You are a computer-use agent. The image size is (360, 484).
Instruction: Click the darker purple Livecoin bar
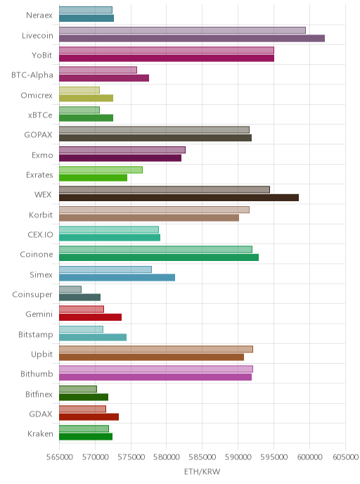(192, 38)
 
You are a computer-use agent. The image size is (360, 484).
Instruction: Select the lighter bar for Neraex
(86, 10)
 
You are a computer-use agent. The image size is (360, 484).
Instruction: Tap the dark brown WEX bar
(179, 198)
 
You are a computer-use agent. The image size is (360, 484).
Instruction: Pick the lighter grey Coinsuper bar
(70, 289)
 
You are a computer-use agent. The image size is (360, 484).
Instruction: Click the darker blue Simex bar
(117, 277)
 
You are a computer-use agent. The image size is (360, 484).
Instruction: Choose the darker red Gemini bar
(91, 317)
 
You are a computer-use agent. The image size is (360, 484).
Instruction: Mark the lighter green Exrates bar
(101, 170)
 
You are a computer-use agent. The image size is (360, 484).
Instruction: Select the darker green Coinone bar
(159, 257)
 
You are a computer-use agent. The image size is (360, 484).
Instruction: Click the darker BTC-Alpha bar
(104, 78)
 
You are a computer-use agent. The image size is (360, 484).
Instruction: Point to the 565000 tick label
(59, 457)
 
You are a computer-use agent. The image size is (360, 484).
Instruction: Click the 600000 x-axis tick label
(309, 457)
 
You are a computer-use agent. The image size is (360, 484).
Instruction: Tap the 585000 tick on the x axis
(202, 457)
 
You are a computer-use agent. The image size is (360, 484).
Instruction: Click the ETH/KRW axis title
(202, 471)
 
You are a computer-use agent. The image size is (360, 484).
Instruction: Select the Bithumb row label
(37, 374)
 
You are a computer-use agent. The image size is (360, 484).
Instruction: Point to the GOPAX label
(38, 135)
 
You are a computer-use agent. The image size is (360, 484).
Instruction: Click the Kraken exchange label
(40, 433)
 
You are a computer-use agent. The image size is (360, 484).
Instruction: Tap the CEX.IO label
(40, 234)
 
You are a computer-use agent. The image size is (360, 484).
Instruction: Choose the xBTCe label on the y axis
(40, 115)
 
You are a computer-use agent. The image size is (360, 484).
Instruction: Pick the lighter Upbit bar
(156, 349)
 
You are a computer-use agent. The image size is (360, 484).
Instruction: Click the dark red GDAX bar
(89, 416)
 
